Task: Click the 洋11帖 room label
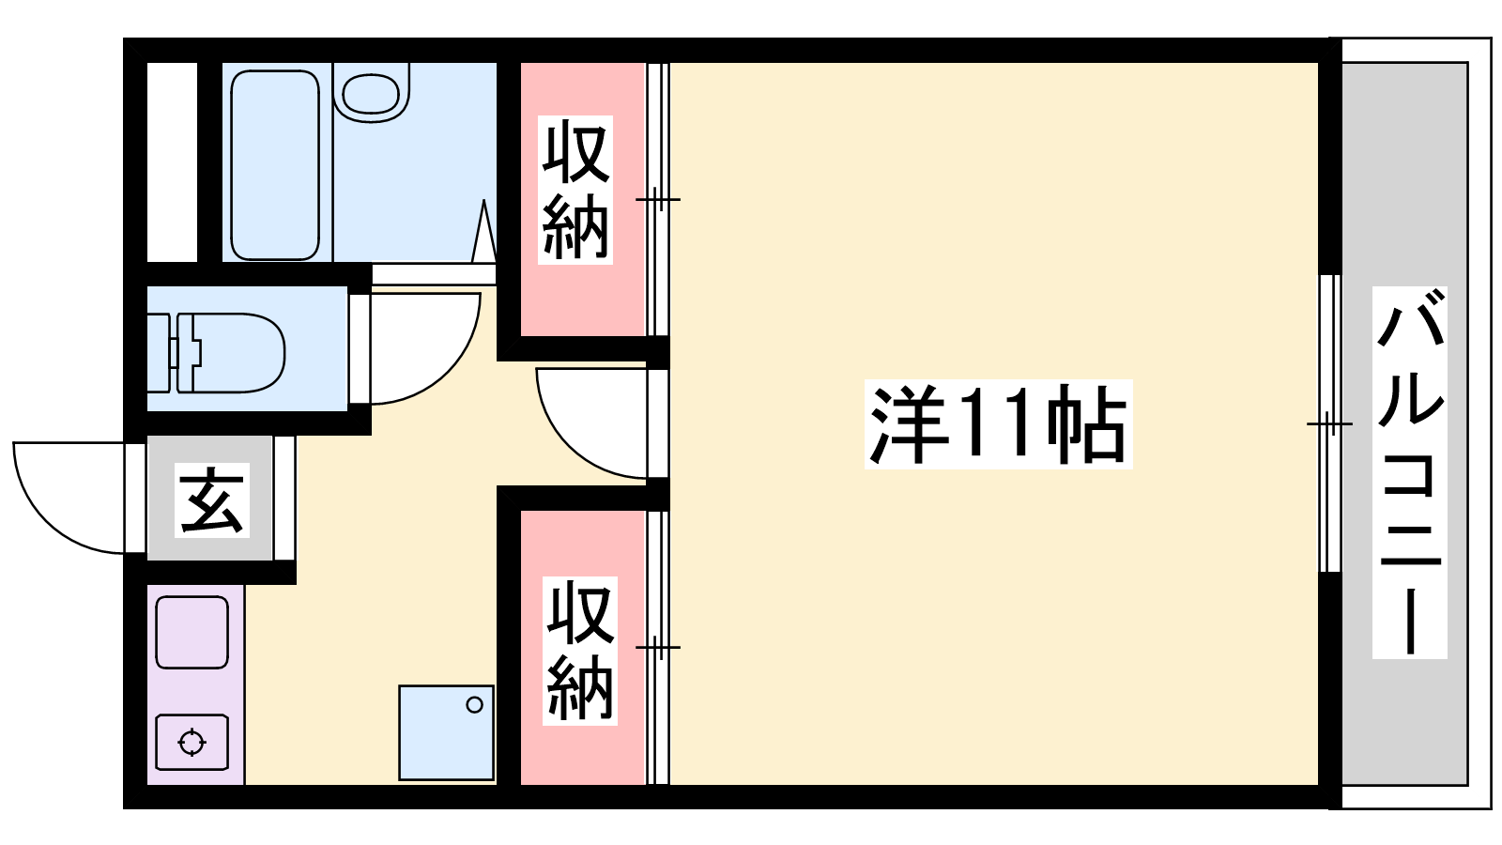click(998, 423)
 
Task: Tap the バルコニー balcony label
click(1409, 472)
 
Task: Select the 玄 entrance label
click(212, 499)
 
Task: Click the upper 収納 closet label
click(575, 190)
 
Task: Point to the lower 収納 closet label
click(580, 651)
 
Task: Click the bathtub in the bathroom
click(275, 165)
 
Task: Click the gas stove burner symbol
click(192, 743)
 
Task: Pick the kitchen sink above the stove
click(192, 633)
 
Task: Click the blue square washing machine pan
click(446, 732)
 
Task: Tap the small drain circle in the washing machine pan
click(475, 705)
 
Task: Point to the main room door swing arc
click(569, 445)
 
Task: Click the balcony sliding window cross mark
click(1329, 423)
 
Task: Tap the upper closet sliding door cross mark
click(658, 199)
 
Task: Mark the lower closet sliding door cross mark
click(658, 647)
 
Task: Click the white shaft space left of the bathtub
click(173, 162)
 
